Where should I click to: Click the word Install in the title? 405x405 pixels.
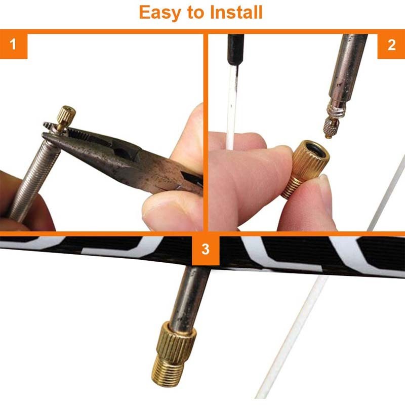236,12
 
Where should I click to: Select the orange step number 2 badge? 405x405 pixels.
391,45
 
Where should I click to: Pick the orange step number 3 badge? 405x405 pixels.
206,249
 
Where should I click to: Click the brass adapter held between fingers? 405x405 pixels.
305,169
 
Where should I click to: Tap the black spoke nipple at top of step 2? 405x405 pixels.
235,50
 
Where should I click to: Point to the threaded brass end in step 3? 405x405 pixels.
168,372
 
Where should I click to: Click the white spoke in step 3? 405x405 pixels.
292,336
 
